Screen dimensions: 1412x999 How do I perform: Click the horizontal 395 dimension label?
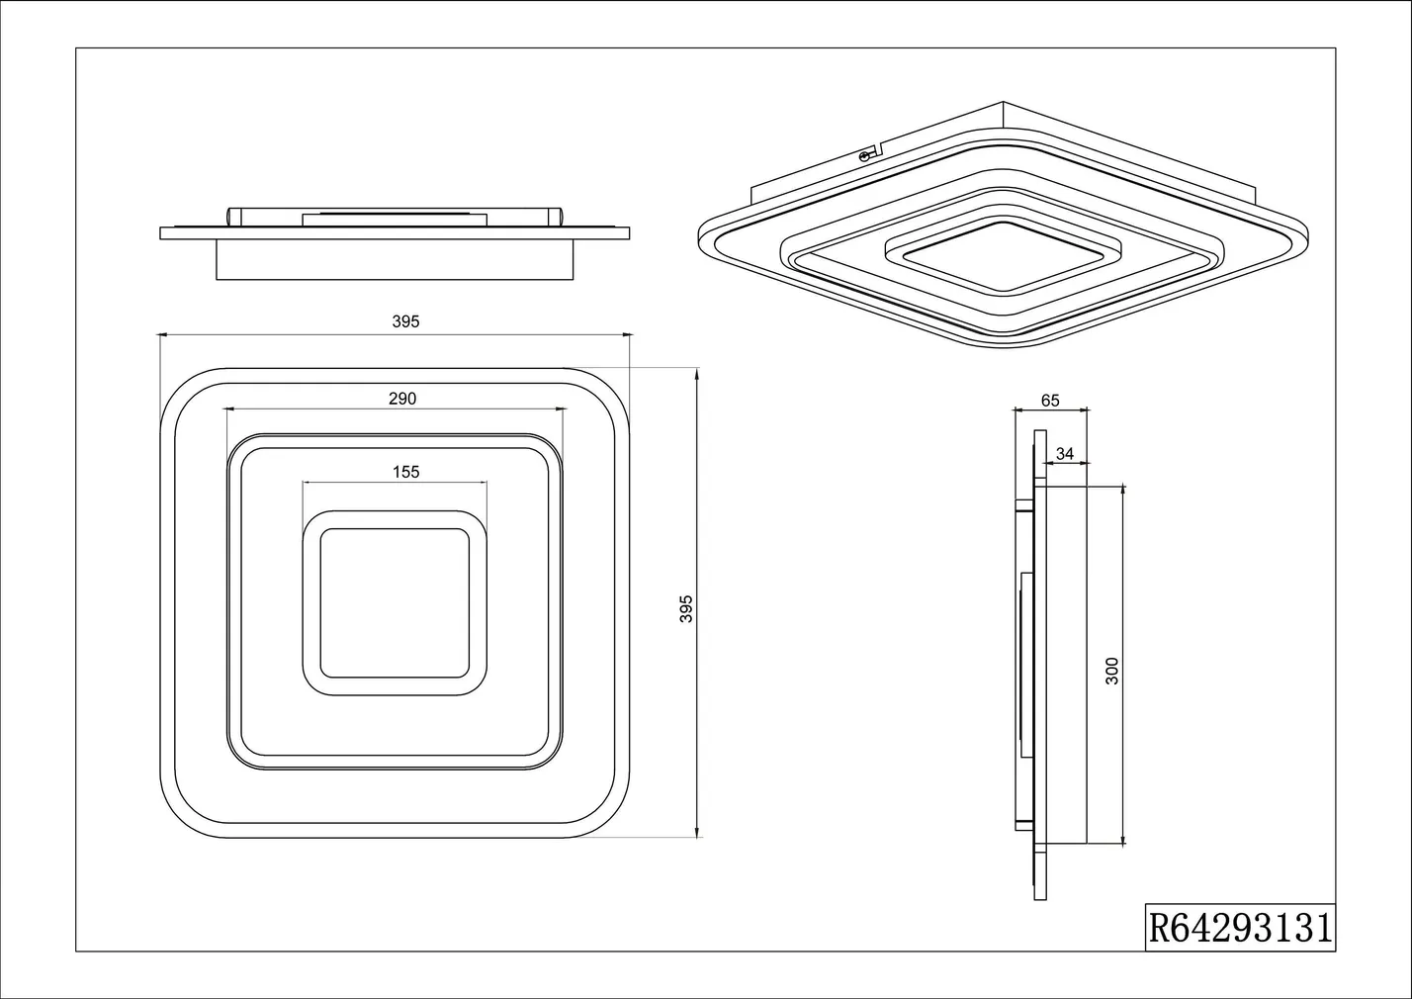405,321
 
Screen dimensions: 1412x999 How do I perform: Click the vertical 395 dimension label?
686,608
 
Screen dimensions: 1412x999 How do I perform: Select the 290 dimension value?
402,399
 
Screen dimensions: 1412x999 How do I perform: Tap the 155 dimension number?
406,472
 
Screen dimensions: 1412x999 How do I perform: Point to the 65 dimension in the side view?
1050,401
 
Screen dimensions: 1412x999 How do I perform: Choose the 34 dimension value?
1065,453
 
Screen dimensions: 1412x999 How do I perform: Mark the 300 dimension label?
1112,671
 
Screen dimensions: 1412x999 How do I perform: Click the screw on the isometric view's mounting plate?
864,157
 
